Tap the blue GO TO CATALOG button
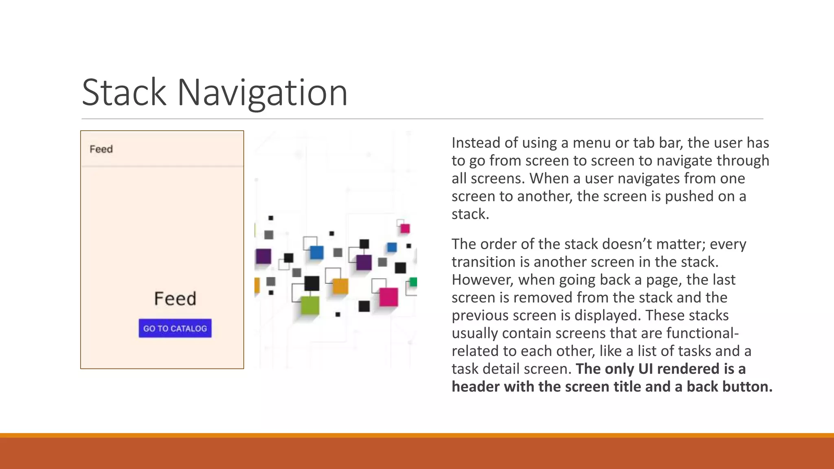point(175,328)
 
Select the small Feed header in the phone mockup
point(101,149)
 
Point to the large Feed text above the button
point(175,298)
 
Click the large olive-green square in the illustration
point(310,305)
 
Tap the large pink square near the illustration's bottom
point(388,296)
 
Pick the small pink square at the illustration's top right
point(405,228)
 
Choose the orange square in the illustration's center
point(340,286)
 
